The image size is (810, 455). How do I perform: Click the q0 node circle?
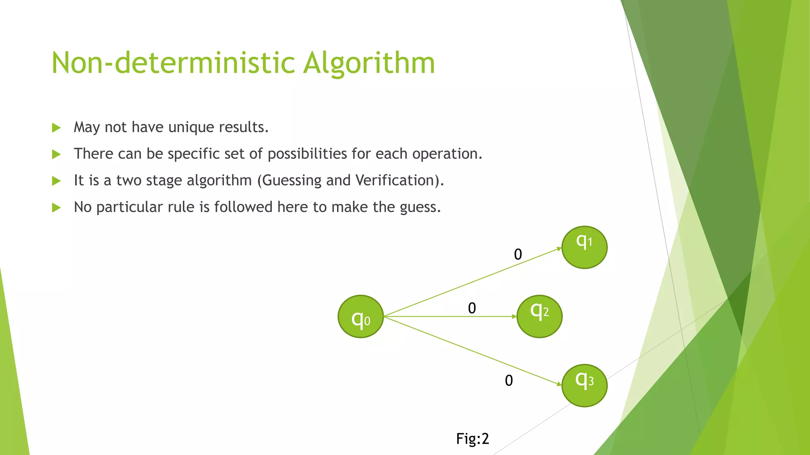361,316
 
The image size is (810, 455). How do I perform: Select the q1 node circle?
584,247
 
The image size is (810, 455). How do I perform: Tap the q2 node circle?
539,316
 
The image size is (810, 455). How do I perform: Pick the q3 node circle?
584,385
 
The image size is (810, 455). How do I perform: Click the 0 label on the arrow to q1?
518,254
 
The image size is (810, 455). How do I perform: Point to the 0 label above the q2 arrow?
472,308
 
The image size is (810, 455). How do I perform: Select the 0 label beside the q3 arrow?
509,381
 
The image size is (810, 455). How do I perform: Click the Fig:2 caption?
473,439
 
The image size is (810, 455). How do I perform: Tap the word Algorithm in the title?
369,63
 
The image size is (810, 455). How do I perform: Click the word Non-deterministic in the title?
173,63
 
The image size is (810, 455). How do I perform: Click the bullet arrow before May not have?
56,128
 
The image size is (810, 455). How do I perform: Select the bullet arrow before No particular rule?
56,207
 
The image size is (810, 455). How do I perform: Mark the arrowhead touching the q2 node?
514,316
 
